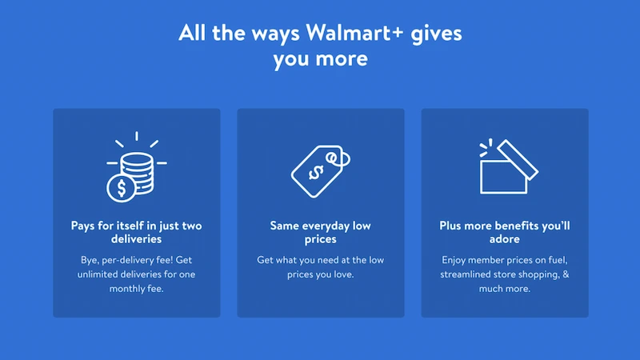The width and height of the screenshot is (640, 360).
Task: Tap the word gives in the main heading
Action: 435,34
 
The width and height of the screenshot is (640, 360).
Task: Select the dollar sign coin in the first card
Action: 122,189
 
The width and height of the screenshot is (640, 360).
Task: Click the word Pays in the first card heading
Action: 84,226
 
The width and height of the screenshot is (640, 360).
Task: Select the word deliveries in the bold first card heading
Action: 137,239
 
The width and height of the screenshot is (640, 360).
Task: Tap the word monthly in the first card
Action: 127,289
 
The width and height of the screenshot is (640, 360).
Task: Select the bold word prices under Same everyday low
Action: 320,239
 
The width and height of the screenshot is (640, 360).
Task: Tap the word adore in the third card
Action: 505,239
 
